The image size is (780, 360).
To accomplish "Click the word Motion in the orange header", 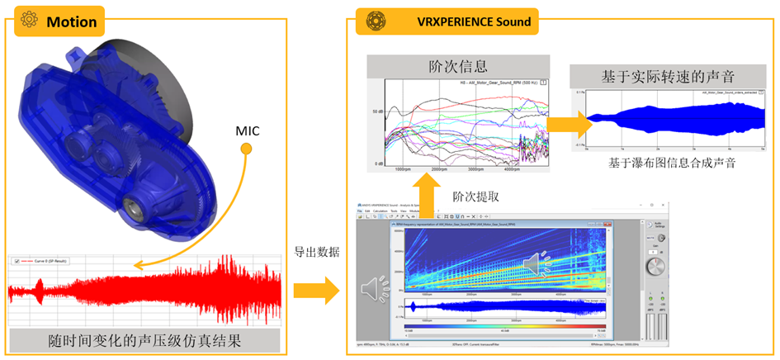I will pyautogui.click(x=72, y=21).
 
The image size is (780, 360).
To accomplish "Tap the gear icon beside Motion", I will pyautogui.click(x=29, y=21).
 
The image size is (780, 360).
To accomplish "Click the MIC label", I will pyautogui.click(x=246, y=131).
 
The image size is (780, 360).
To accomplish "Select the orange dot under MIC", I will pyautogui.click(x=245, y=149).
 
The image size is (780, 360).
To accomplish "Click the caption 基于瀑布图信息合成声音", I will pyautogui.click(x=671, y=163).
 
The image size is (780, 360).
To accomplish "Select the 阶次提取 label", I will pyautogui.click(x=475, y=197).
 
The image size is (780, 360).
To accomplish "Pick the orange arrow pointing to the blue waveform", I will pyautogui.click(x=568, y=124).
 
